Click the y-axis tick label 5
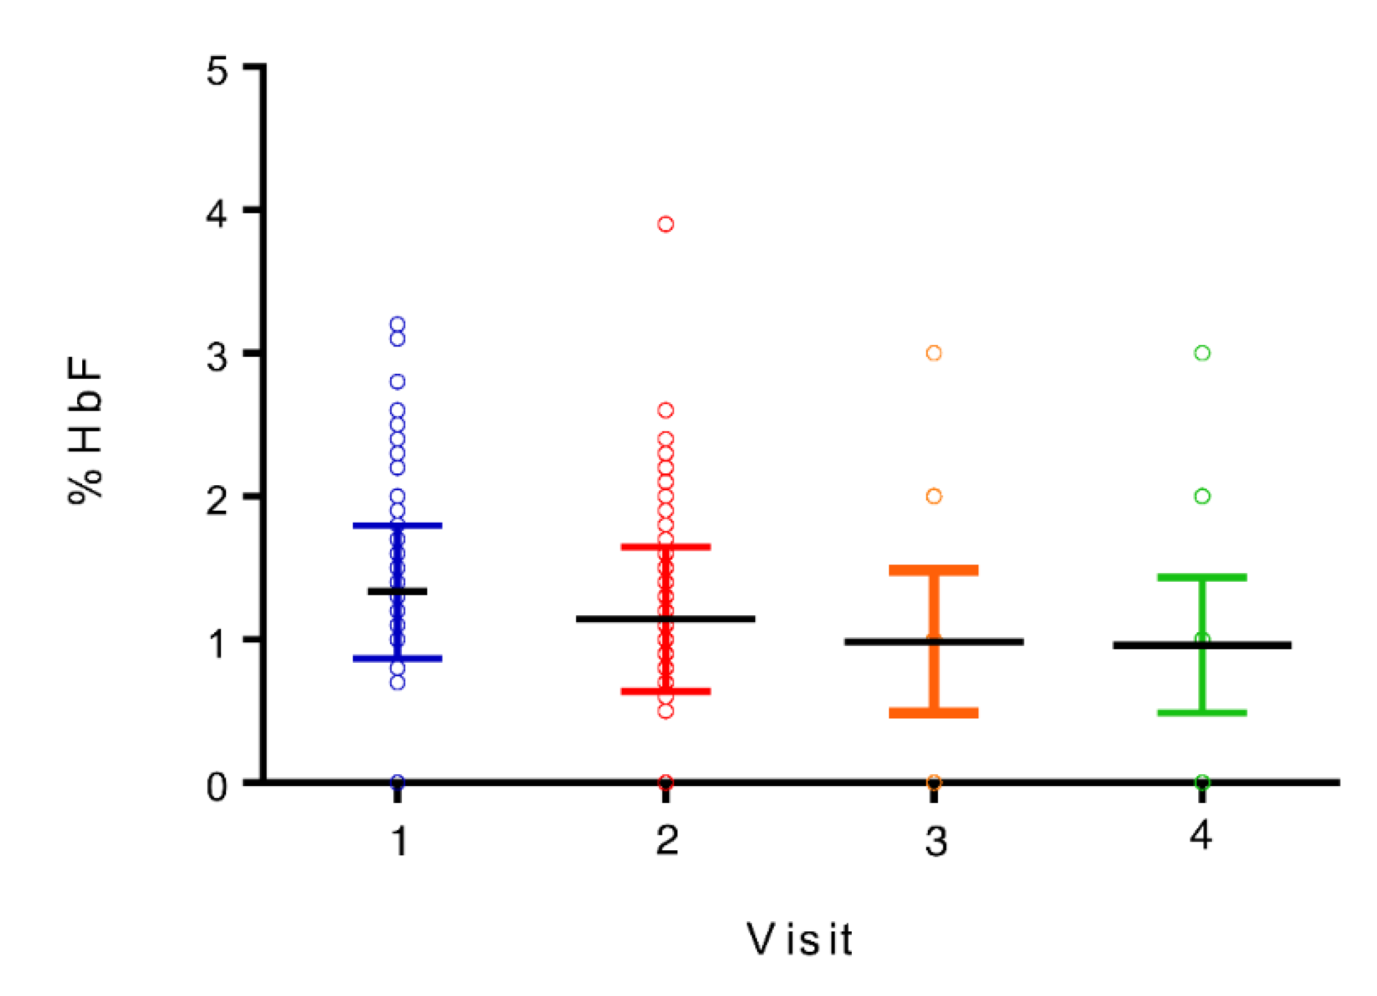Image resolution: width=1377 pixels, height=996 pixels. click(217, 70)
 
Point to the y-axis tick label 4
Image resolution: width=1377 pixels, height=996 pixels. click(216, 214)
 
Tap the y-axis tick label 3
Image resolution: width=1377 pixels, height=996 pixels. click(217, 357)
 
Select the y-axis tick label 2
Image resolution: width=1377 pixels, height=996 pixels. click(216, 500)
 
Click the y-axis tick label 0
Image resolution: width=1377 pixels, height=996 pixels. click(217, 786)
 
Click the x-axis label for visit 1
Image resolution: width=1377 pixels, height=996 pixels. click(399, 841)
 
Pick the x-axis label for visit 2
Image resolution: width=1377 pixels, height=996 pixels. click(667, 840)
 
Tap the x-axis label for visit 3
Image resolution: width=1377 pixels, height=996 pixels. click(936, 842)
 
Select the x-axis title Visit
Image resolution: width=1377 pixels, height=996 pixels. click(799, 939)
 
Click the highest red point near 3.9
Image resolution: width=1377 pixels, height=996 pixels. click(665, 224)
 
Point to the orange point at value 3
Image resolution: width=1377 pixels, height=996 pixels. click(933, 353)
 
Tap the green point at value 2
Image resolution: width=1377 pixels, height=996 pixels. click(1202, 496)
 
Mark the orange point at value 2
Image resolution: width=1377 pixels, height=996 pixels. click(933, 496)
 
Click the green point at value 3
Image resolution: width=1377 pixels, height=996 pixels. click(1202, 353)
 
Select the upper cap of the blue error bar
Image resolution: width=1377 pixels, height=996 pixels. click(398, 526)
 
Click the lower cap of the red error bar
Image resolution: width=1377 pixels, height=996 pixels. click(665, 691)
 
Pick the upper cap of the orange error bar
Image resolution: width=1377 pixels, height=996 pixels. click(933, 571)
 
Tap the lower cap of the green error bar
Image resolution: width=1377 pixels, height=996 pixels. click(1202, 713)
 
